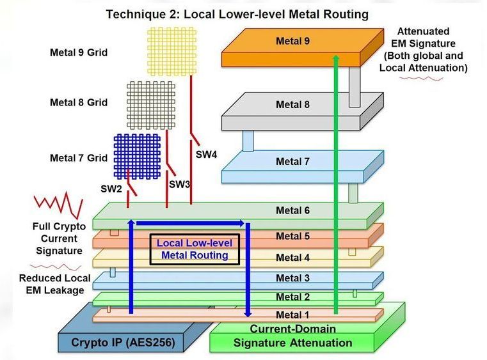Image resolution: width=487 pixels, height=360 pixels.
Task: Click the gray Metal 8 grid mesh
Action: pos(151,102)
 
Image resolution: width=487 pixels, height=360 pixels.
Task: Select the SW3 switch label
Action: pos(180,184)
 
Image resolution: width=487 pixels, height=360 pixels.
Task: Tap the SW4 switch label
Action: pos(205,154)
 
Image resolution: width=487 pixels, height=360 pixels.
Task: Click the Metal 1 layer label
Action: pos(292,315)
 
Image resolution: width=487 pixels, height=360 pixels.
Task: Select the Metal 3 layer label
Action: pos(292,278)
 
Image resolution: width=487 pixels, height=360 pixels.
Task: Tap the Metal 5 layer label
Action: pos(292,237)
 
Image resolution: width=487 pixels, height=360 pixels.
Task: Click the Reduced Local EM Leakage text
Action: pos(51,285)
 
